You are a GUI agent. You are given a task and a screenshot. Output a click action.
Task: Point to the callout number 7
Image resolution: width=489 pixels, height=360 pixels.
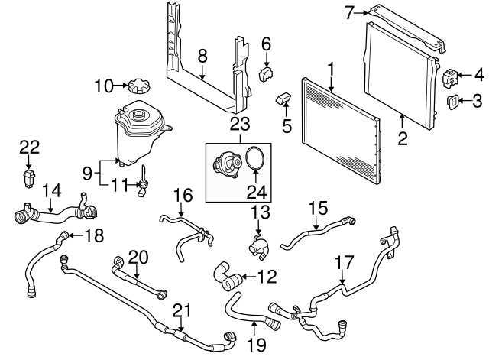click(350, 11)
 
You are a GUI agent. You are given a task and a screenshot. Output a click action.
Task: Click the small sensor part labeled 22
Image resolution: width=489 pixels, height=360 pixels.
click(29, 177)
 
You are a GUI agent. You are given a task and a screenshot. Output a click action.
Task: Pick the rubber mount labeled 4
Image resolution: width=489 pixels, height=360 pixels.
click(449, 77)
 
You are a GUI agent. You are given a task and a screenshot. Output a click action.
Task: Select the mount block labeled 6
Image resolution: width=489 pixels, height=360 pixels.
click(266, 73)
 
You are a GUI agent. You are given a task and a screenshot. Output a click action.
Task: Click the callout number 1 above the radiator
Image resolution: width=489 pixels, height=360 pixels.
click(331, 70)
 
